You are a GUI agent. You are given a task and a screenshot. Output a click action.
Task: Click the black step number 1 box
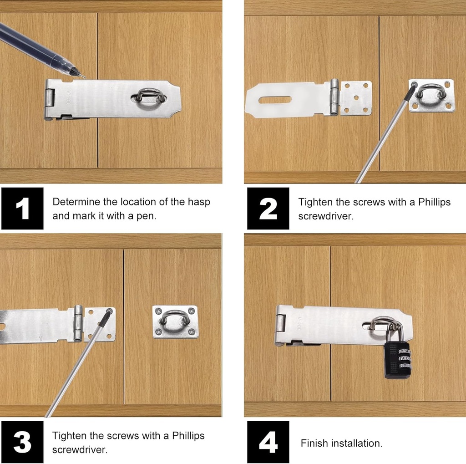point(22,208)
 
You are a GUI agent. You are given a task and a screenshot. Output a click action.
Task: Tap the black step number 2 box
point(268,208)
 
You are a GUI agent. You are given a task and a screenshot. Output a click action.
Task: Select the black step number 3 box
point(22,442)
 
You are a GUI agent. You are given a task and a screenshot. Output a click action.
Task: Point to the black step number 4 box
point(268,442)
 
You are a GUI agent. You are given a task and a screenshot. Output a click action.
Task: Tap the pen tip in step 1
point(84,77)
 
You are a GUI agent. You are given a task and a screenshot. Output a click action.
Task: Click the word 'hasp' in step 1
point(199,202)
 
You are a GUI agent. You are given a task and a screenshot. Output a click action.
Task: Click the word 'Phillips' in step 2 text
point(435,202)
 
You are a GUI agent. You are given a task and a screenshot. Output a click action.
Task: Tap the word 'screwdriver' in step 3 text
point(80,449)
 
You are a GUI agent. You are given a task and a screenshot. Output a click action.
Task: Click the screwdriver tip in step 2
point(413,86)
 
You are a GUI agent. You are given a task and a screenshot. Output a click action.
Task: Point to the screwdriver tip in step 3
point(109,311)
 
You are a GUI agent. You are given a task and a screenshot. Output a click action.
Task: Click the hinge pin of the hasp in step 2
point(334,97)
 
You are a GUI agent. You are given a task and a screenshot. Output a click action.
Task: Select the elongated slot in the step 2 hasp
point(274,100)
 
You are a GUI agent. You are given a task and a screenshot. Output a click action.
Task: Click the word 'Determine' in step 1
point(76,202)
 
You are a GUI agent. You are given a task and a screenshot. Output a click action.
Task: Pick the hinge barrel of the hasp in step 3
point(78,323)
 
